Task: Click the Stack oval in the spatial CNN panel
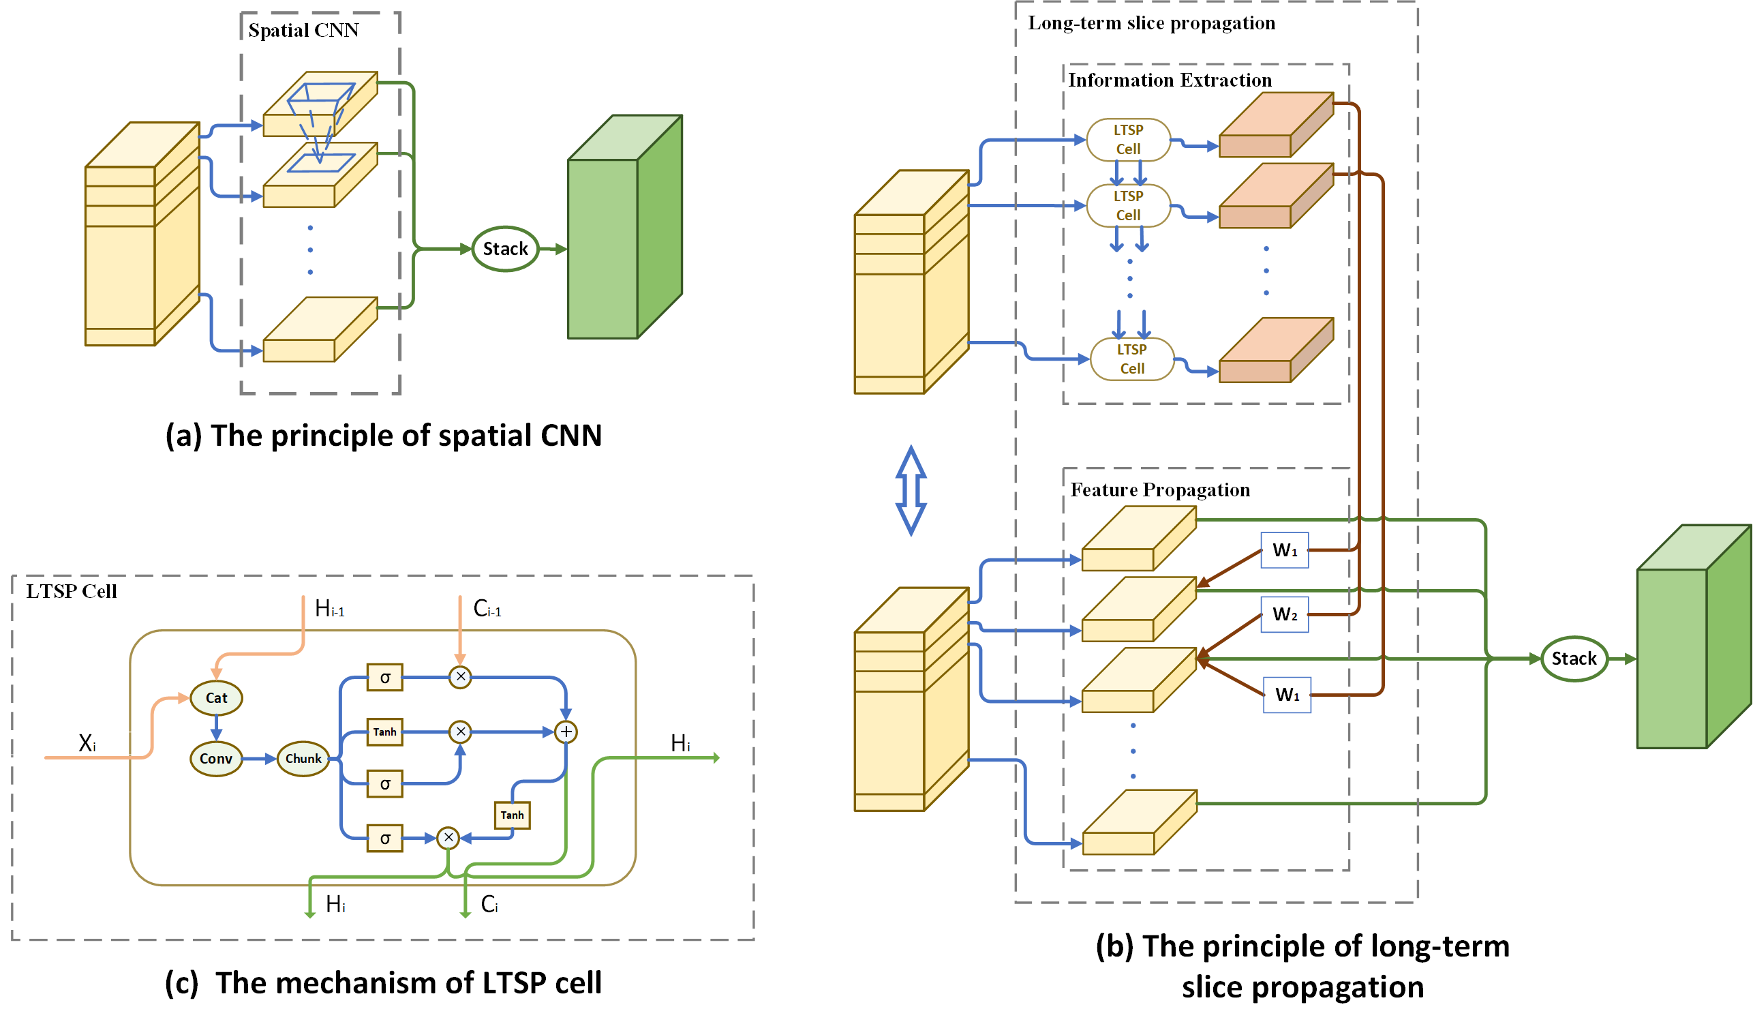point(505,249)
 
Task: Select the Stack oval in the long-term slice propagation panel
point(1574,658)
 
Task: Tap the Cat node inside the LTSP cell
point(216,697)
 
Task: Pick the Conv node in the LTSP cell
point(215,758)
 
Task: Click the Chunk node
point(303,758)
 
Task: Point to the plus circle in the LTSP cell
point(566,732)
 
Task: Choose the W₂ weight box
point(1284,614)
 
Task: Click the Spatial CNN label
point(303,30)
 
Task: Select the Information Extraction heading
point(1170,80)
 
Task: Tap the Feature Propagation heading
point(1159,490)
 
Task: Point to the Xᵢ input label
point(87,744)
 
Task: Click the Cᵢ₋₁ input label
point(487,609)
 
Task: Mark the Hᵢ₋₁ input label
point(330,609)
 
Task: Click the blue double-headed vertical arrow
point(911,490)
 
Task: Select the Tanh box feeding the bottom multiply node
point(512,815)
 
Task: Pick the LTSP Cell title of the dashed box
point(71,591)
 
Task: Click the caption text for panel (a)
point(383,436)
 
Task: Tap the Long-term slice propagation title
point(1151,23)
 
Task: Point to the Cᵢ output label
point(489,904)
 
